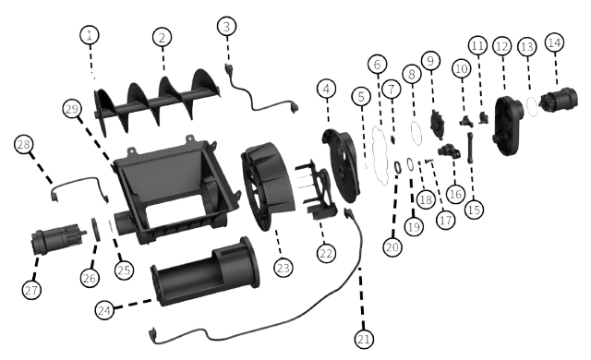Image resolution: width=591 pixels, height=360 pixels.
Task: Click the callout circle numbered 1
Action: point(90,35)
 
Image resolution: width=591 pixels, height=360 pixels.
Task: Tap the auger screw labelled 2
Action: point(156,102)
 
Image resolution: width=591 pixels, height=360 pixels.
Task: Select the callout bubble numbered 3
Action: point(227,27)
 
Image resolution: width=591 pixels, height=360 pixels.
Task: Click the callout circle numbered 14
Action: point(554,42)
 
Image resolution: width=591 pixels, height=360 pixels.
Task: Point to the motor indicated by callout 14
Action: point(558,100)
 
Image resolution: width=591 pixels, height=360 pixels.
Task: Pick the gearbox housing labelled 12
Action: point(507,125)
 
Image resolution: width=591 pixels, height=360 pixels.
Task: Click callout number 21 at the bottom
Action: point(364,340)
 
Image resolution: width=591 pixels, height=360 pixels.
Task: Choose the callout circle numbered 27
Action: point(31,290)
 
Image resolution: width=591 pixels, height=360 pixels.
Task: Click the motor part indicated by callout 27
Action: point(58,236)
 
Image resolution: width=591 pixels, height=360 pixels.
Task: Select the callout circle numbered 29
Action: point(72,109)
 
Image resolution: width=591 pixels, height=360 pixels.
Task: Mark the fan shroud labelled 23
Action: point(268,186)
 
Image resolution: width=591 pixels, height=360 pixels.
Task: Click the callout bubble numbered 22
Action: point(326,254)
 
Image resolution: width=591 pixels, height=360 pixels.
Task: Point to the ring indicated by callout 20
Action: point(398,167)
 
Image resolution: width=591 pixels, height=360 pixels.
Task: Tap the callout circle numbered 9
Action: point(431,61)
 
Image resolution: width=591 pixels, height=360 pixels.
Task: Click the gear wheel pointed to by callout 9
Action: point(438,124)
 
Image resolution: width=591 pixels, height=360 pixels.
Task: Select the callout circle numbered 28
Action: point(23,144)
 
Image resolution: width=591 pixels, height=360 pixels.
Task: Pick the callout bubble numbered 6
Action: point(378,64)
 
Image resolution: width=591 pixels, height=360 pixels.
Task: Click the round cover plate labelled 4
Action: point(342,165)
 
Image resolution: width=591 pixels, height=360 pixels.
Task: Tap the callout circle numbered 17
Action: point(445,220)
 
